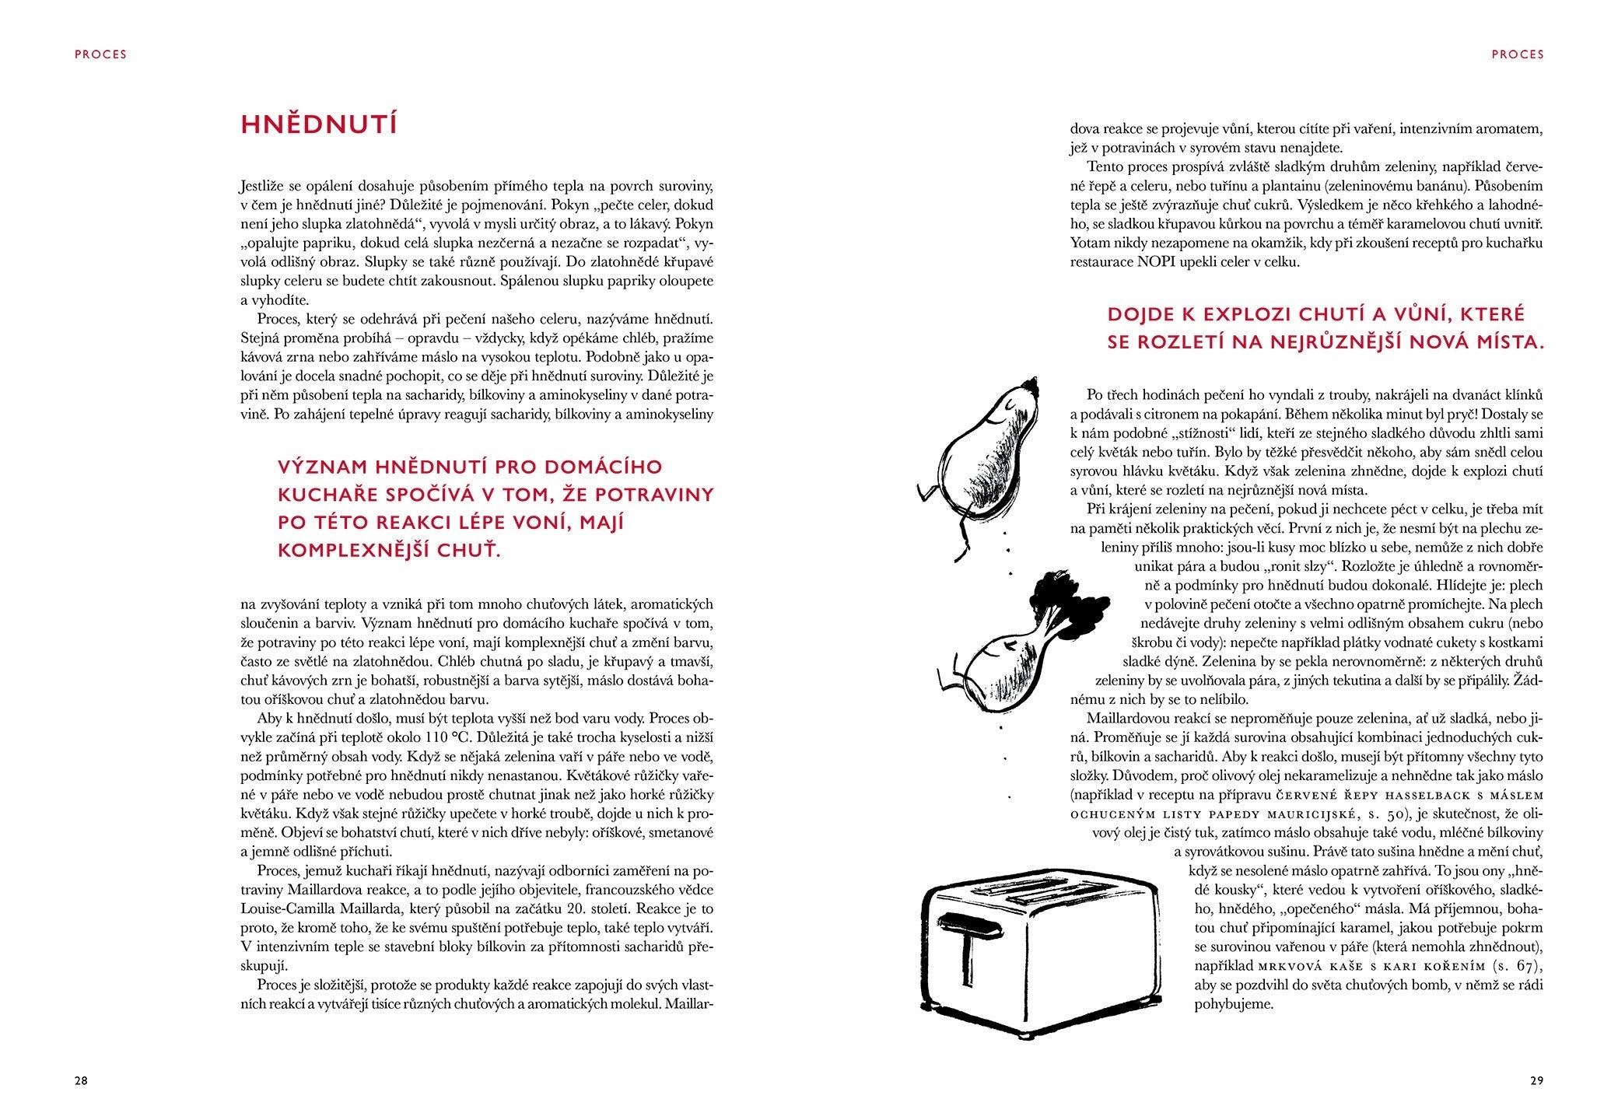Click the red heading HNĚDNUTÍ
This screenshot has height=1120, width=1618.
[319, 125]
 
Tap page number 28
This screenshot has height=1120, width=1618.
[81, 1080]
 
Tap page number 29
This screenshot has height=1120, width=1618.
[1536, 1080]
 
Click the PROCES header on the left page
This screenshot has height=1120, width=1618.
[100, 54]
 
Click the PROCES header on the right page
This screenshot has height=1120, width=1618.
[1517, 54]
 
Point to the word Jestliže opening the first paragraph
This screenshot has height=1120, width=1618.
[265, 187]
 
